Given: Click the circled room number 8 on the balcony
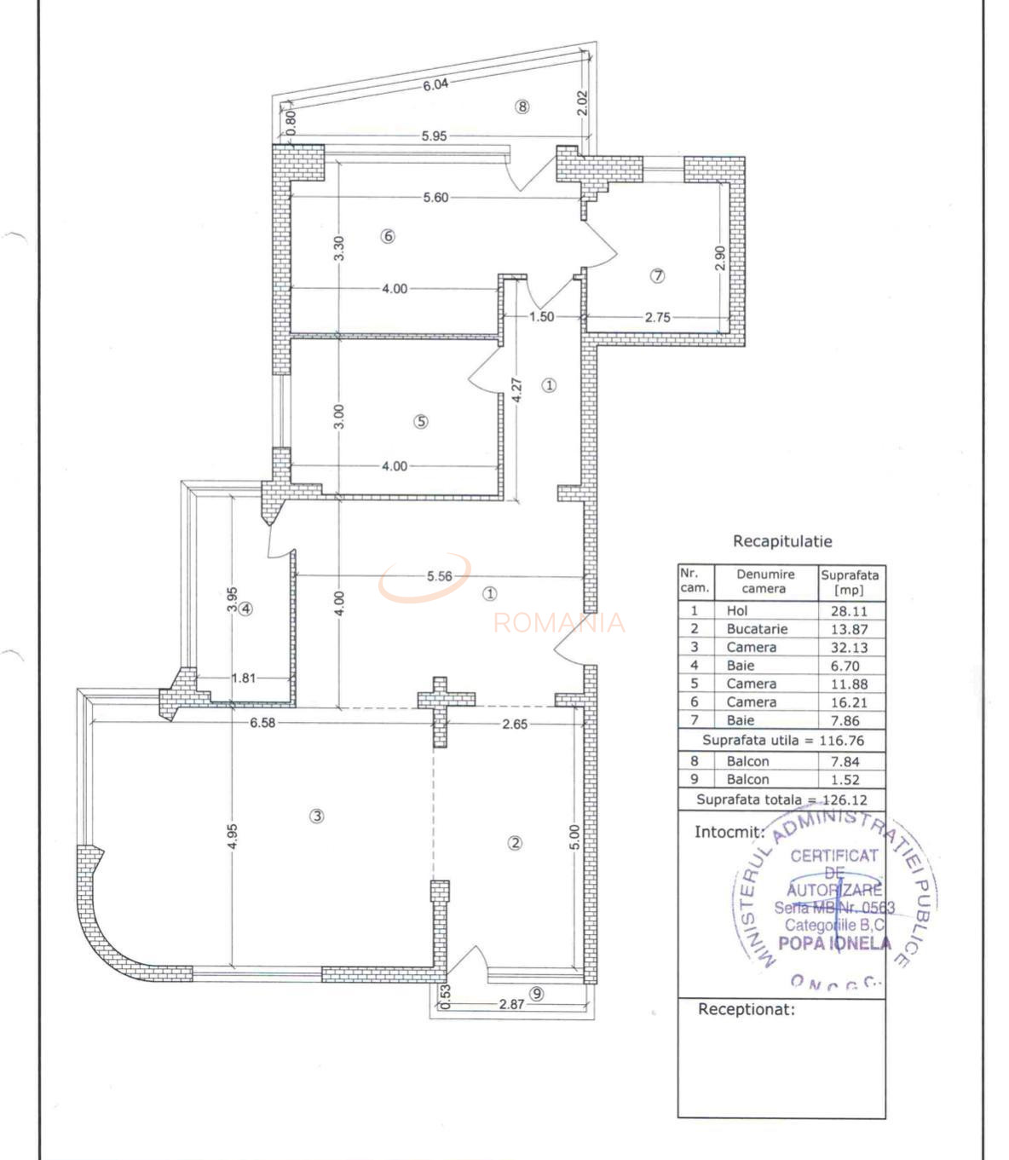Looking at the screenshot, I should coord(522,107).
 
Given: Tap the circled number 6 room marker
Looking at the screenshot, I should coord(388,236).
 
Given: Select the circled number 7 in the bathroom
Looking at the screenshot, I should coord(657,275).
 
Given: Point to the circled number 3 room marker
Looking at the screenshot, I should coord(317,816).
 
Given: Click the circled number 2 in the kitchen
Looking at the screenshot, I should coord(515,843).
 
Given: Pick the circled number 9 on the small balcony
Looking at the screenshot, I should coord(536,993).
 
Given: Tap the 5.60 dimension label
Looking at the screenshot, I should coord(435,197).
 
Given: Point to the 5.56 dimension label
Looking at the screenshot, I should coord(440,576).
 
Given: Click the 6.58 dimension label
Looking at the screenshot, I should coord(262,724).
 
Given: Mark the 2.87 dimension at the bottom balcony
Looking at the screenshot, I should coord(511,1005).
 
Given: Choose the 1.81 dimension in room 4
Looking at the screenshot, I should coord(244,678).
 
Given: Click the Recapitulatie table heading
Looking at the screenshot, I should coord(782,541).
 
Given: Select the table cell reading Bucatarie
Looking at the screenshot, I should coord(757,629).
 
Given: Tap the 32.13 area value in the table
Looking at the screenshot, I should coord(850,647).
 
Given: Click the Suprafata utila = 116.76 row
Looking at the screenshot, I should coord(781,740).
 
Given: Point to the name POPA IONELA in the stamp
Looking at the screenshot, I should coord(834,944).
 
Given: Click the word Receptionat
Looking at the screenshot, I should coord(746,1010).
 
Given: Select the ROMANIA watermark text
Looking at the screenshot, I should coord(559,623).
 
